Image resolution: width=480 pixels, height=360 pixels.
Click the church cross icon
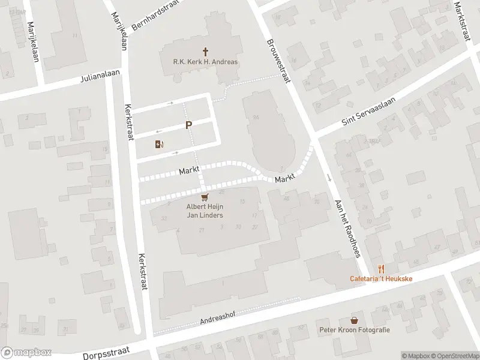[x=206, y=52]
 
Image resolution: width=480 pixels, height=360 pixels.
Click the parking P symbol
[x=189, y=125]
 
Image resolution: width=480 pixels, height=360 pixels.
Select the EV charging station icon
[x=159, y=144]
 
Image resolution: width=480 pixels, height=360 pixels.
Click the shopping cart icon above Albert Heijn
[x=205, y=197]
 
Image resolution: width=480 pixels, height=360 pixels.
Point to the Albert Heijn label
[x=205, y=207]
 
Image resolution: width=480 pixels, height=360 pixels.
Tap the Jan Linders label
[x=205, y=215]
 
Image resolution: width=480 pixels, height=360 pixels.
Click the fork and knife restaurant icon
[x=380, y=269]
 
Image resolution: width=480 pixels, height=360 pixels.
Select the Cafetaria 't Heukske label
[x=380, y=279]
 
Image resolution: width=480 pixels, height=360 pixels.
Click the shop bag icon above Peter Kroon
[x=355, y=320]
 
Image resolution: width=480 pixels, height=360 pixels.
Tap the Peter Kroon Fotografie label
[x=355, y=330]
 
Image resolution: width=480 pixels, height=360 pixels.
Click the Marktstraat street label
[x=460, y=20]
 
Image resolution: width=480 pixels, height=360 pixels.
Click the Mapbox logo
[x=26, y=353]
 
